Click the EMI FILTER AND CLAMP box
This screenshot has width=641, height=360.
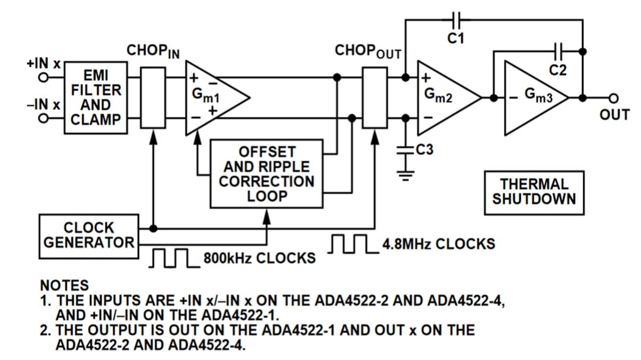point(96,97)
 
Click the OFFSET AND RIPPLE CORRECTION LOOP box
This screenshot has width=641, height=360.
point(266,174)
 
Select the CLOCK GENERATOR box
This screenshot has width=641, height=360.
point(88,236)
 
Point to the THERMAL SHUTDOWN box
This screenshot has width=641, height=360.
point(534,192)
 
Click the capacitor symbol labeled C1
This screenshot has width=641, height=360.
point(456,20)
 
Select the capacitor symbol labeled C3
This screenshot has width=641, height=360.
point(406,151)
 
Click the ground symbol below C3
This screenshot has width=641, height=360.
point(406,176)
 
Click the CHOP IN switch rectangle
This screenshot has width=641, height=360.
point(153,97)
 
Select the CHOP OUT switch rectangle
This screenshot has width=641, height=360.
point(375,97)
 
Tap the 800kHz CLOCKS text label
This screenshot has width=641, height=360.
point(259,259)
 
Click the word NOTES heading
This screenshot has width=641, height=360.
point(64,286)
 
